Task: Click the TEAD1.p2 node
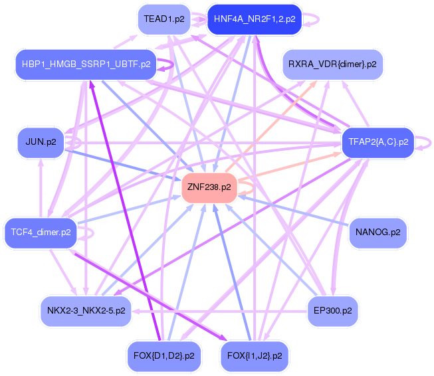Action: click(x=164, y=19)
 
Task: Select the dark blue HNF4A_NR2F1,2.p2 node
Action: click(x=255, y=19)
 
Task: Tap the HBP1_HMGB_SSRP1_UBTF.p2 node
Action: click(x=86, y=64)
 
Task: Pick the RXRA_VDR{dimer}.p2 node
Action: click(x=332, y=64)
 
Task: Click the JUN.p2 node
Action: click(x=41, y=142)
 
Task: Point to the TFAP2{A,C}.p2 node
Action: click(x=378, y=142)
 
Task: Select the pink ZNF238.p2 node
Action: click(x=209, y=187)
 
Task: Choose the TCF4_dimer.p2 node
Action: click(x=41, y=233)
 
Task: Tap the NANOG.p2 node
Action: click(x=378, y=233)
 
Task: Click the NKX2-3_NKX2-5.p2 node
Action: click(x=86, y=311)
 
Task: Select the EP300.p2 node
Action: click(x=332, y=311)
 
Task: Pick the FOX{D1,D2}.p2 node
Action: click(x=164, y=356)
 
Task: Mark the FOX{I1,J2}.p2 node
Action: click(x=255, y=356)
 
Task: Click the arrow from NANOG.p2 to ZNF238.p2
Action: click(x=293, y=211)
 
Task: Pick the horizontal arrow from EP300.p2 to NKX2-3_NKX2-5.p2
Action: click(x=219, y=312)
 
